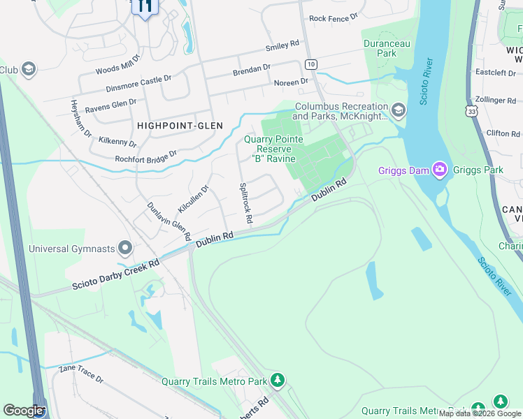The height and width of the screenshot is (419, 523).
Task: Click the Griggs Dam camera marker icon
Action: [x=439, y=169]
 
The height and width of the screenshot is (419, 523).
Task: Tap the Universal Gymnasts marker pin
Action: [x=125, y=248]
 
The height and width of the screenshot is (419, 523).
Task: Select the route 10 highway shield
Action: [x=310, y=64]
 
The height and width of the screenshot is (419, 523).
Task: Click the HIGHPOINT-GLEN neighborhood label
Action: [x=180, y=126]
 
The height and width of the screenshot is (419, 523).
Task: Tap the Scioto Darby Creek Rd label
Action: [x=116, y=274]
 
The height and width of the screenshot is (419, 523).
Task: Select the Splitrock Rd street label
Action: [x=245, y=203]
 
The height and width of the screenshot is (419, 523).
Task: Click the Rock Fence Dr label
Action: [x=333, y=17]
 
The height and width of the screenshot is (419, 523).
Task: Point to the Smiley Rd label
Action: [x=282, y=46]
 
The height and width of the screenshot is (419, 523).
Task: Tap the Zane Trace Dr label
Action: [x=81, y=374]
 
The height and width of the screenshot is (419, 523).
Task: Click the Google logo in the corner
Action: [x=23, y=411]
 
